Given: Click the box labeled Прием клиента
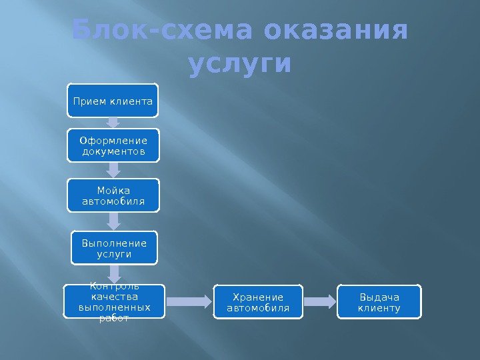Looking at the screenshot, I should pyautogui.click(x=113, y=101).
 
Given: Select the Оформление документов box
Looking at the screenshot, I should pyautogui.click(x=113, y=146).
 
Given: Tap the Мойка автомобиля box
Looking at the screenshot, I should pyautogui.click(x=113, y=195).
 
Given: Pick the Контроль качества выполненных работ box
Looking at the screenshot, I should pyautogui.click(x=113, y=302).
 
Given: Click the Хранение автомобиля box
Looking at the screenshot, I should pyautogui.click(x=258, y=302).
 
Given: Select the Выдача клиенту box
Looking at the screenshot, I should pyautogui.click(x=379, y=302).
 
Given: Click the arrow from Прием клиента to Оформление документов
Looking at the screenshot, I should pyautogui.click(x=113, y=123).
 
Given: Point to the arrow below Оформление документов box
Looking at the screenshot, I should pyautogui.click(x=113, y=170).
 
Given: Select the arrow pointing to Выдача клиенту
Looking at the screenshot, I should pyautogui.click(x=319, y=302).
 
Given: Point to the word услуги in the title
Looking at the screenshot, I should pyautogui.click(x=240, y=65).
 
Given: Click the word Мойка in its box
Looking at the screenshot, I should pyautogui.click(x=113, y=190).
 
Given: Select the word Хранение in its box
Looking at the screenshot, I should pyautogui.click(x=258, y=297).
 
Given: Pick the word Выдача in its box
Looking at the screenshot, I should pyautogui.click(x=379, y=297).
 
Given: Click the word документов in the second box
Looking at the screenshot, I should pyautogui.click(x=113, y=151).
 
